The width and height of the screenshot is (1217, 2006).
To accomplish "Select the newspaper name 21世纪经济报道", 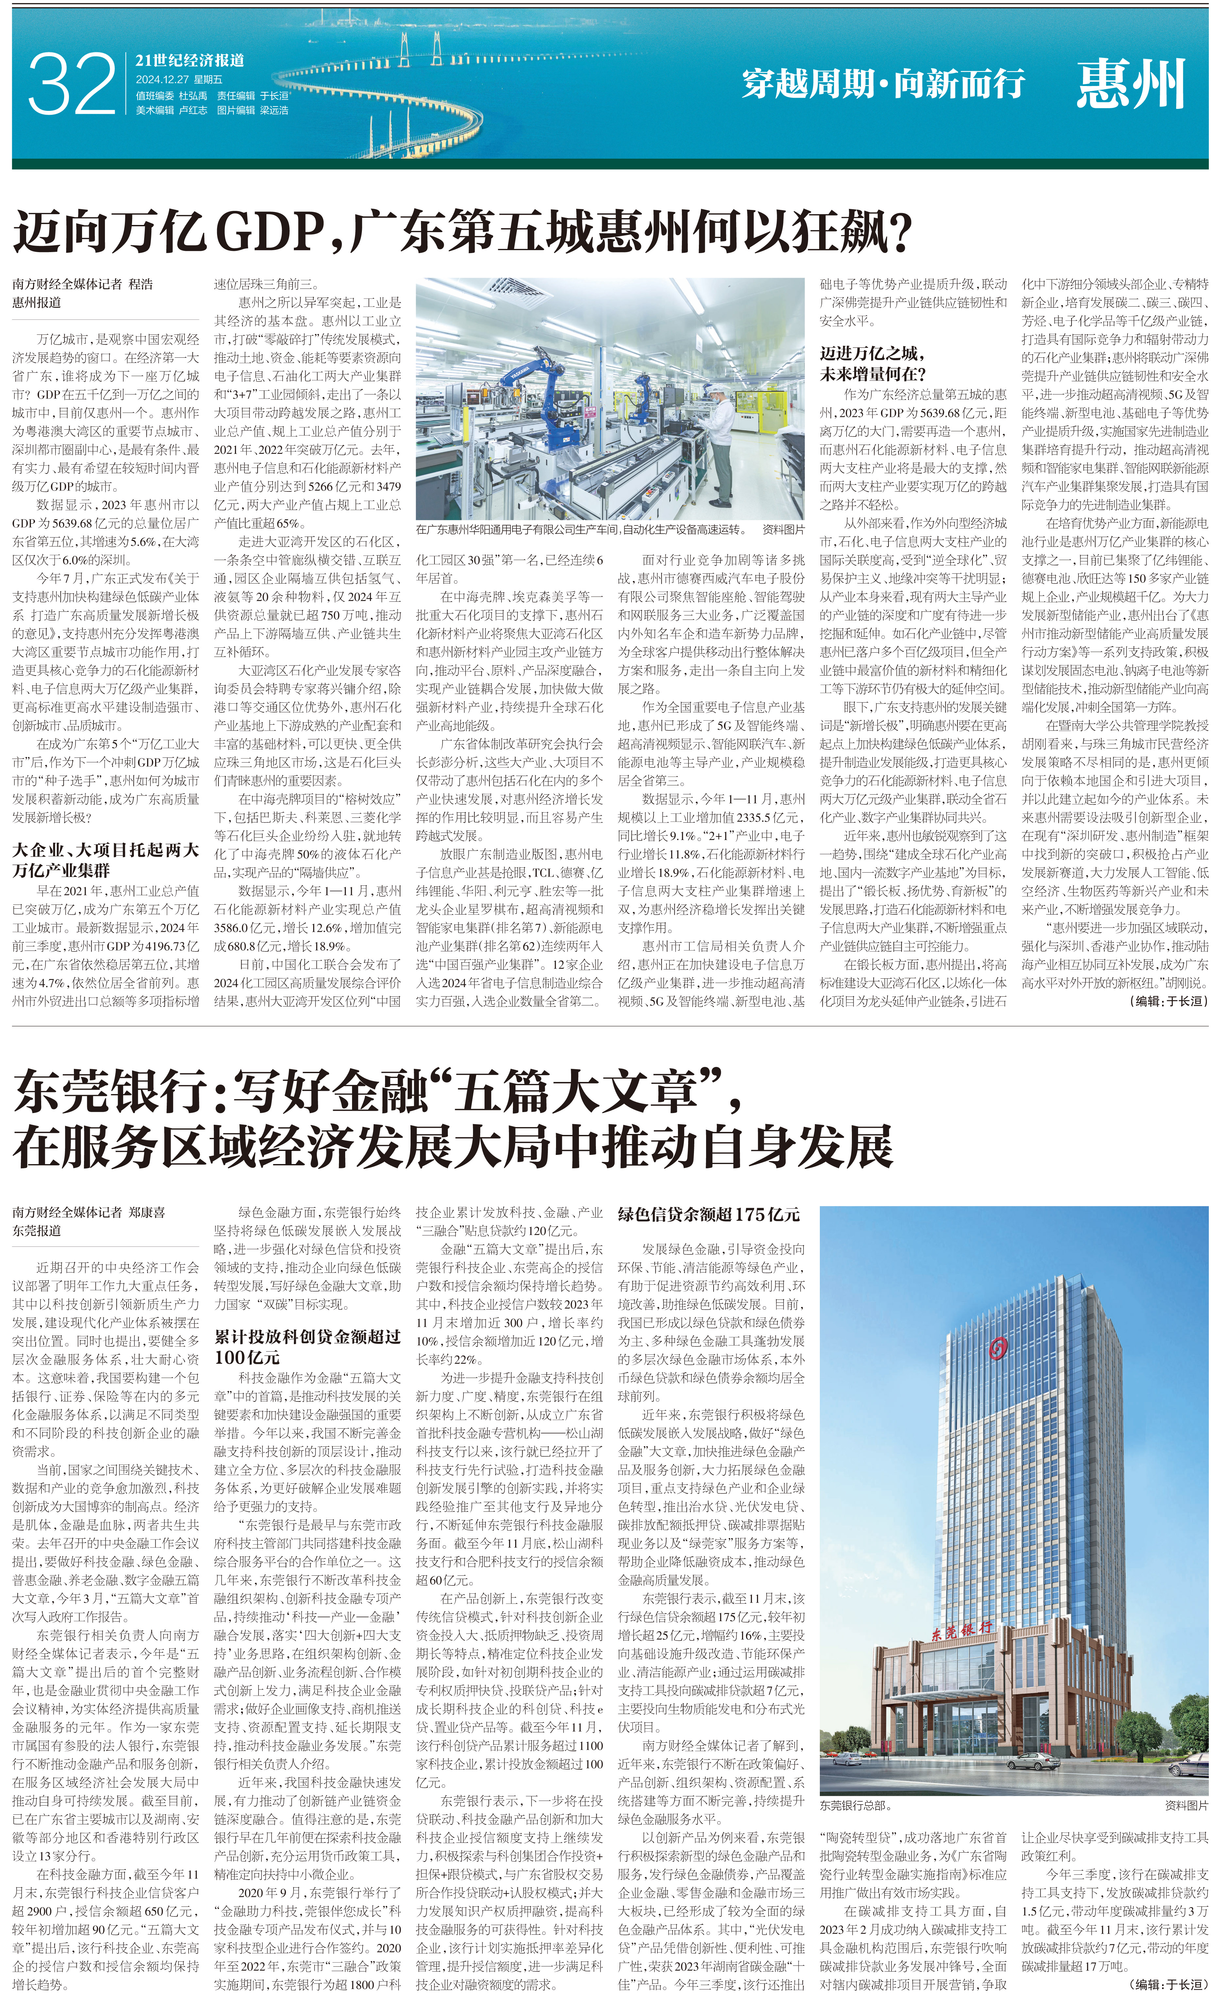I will [190, 60].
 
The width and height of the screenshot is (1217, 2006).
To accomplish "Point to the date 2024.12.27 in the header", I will [162, 79].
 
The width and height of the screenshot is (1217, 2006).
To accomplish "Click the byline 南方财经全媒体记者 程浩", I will [83, 284].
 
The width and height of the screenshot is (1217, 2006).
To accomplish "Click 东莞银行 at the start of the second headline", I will [114, 1092].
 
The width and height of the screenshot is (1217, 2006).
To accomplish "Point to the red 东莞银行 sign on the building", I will [961, 1628].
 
